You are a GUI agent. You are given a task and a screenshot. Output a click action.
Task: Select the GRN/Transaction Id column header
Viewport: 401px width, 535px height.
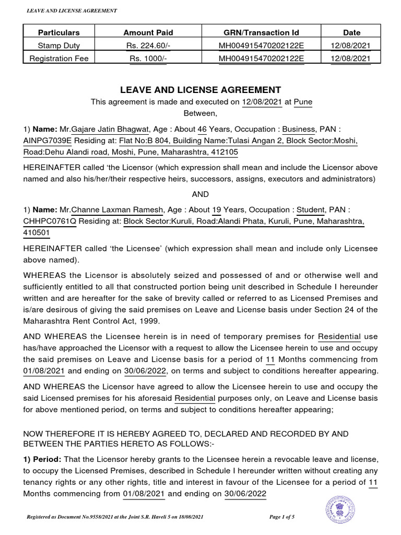click(x=261, y=32)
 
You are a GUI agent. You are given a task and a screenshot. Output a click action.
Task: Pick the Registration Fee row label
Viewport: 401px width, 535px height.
click(x=59, y=59)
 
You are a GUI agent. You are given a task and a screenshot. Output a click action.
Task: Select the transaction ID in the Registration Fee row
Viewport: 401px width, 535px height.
click(x=261, y=59)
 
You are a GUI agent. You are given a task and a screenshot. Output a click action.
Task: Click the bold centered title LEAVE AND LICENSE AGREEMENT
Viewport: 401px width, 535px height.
click(x=201, y=90)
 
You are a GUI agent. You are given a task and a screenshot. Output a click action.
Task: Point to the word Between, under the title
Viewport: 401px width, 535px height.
click(x=200, y=113)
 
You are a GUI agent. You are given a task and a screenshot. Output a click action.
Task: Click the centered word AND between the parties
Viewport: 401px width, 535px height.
click(x=200, y=194)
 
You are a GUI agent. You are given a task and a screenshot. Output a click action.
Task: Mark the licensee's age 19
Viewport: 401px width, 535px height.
click(x=216, y=210)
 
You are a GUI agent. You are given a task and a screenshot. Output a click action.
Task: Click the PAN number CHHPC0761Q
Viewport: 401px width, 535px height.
click(x=50, y=221)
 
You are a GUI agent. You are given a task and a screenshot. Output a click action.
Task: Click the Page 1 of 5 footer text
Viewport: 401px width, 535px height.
click(x=282, y=517)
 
